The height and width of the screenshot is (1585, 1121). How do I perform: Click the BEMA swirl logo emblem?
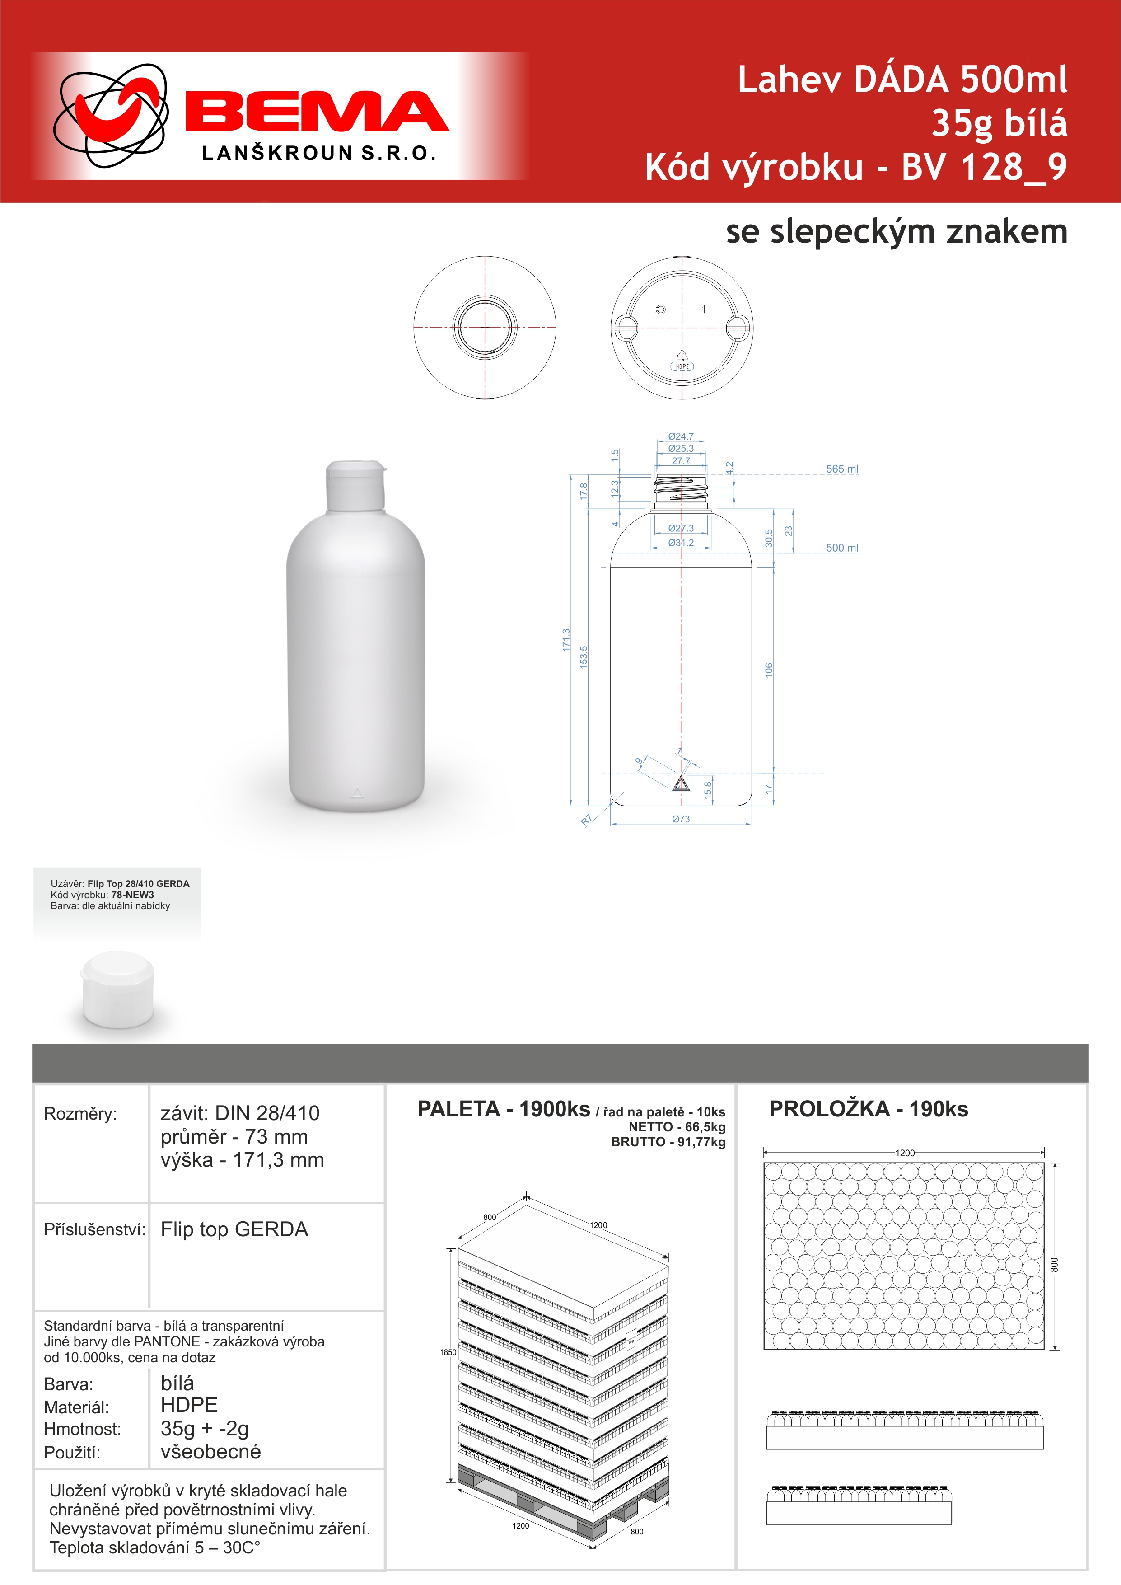[x=111, y=116]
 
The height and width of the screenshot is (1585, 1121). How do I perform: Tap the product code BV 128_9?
[x=984, y=167]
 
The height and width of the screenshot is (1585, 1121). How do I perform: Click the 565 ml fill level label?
[x=842, y=469]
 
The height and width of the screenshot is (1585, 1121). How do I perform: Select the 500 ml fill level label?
[x=842, y=548]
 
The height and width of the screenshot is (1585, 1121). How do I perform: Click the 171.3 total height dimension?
[x=566, y=640]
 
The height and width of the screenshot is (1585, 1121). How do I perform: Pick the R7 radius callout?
[x=586, y=820]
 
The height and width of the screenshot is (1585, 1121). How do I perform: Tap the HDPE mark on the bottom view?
[x=682, y=366]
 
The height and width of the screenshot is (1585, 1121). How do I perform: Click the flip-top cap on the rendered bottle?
[x=355, y=486]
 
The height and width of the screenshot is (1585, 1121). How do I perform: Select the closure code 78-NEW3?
[x=132, y=895]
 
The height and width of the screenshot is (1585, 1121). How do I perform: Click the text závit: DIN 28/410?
[x=239, y=1113]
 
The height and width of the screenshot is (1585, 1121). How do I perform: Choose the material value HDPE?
[x=189, y=1405]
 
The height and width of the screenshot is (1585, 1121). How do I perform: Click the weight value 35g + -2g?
[x=204, y=1428]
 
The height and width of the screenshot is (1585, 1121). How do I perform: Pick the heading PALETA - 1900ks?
[x=503, y=1109]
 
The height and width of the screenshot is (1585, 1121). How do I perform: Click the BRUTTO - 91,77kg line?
[x=668, y=1142]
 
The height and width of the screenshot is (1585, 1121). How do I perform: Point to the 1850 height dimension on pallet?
[x=448, y=1352]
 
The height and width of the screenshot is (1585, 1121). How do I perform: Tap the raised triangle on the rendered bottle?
[x=357, y=792]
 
